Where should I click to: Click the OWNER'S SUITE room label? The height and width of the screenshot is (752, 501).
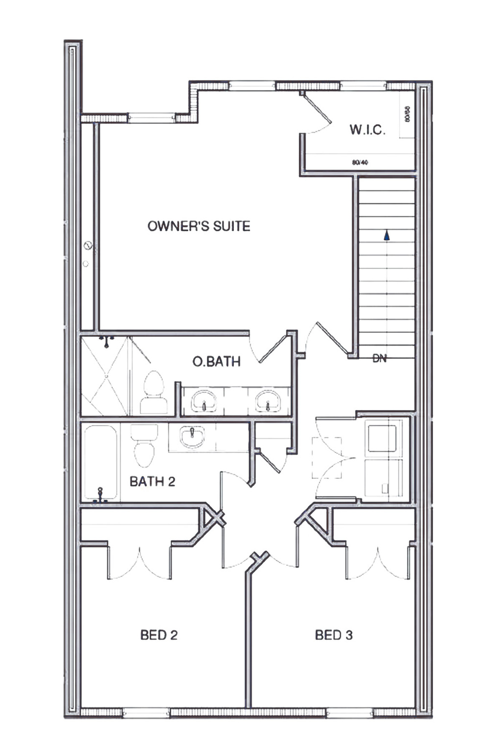[x=199, y=226]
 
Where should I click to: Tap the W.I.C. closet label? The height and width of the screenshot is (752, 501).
[x=367, y=130]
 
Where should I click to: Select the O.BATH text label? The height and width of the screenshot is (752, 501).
[x=216, y=362]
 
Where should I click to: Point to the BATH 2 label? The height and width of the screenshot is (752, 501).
[x=152, y=482]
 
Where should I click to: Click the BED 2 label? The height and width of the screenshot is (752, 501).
[x=159, y=635]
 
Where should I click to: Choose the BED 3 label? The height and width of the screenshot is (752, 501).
[x=334, y=635]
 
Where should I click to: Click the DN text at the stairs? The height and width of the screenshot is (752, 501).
[x=380, y=358]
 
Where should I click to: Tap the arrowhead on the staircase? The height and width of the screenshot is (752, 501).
[x=387, y=235]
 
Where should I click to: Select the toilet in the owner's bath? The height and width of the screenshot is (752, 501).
[x=154, y=392]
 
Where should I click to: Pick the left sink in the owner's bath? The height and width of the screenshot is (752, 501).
[x=204, y=401]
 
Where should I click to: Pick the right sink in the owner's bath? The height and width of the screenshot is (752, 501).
[x=267, y=401]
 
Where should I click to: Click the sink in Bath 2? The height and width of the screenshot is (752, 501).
[x=192, y=436]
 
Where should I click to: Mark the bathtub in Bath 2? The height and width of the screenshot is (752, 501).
[x=100, y=463]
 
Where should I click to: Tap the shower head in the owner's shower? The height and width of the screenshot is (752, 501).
[x=106, y=340]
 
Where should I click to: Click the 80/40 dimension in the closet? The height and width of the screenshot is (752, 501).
[x=360, y=163]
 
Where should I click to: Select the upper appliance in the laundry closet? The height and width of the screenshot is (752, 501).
[x=382, y=438]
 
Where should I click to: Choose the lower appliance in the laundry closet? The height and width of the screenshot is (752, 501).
[x=383, y=478]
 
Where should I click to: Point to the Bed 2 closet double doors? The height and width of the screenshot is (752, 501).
[x=140, y=563]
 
